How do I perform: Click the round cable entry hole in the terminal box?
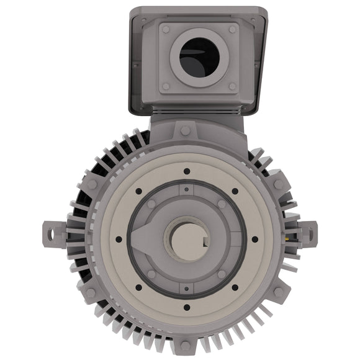[199, 57]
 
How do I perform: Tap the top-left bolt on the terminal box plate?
[166, 29]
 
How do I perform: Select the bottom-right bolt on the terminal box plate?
[232, 86]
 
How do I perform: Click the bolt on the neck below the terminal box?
[186, 131]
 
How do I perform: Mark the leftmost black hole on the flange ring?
[117, 239]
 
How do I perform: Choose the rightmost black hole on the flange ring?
[254, 239]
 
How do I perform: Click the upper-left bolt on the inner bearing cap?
[151, 204]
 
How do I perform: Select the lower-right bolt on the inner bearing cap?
[221, 274]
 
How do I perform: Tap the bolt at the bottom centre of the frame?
[186, 345]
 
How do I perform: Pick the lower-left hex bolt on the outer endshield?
[92, 292]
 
